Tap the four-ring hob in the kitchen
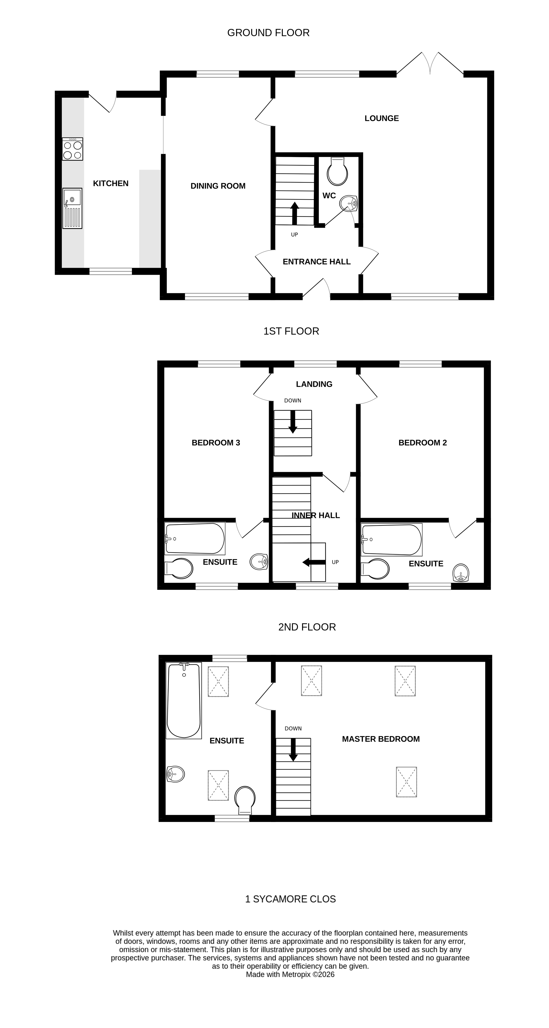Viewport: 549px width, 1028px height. tap(72, 149)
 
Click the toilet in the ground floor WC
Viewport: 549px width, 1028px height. tap(337, 172)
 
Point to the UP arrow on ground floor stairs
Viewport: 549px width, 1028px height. tap(294, 213)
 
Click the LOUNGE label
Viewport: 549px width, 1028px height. tap(381, 118)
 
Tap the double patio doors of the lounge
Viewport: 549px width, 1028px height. tap(430, 64)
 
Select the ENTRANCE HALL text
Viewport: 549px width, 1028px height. tap(316, 262)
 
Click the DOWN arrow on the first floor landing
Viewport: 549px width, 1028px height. tap(293, 422)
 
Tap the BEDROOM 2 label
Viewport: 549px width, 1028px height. tap(423, 443)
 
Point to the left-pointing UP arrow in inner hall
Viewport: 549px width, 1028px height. tap(314, 562)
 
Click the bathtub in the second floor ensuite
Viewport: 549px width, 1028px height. tap(184, 700)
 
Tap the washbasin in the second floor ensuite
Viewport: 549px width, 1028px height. tap(176, 774)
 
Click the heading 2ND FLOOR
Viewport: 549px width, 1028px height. tap(307, 627)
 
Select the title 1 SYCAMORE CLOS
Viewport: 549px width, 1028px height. tap(290, 899)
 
